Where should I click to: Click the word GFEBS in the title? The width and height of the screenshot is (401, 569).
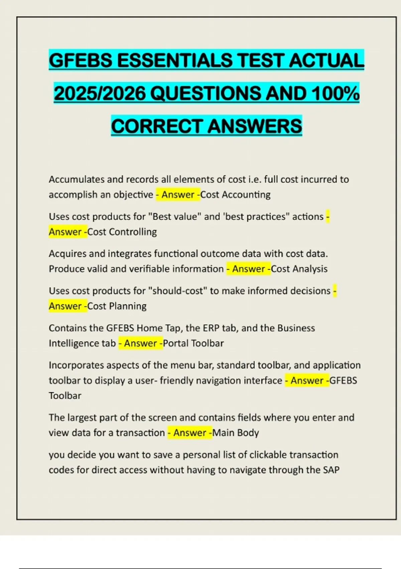point(81,61)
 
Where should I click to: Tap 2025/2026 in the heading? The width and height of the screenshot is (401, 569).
point(100,93)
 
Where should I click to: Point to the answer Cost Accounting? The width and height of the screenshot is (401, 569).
point(235,194)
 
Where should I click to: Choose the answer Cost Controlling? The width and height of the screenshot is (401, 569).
point(122,232)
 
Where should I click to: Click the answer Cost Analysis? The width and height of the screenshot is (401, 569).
point(299,269)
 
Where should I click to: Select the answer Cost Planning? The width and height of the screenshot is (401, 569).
point(117,306)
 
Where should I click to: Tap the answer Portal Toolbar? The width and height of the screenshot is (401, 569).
point(193,343)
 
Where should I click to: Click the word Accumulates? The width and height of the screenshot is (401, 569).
point(77,179)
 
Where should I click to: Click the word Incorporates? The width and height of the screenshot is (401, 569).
point(77,365)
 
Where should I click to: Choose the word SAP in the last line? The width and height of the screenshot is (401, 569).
point(331,470)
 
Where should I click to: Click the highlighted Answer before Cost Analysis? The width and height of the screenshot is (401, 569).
point(248,269)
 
